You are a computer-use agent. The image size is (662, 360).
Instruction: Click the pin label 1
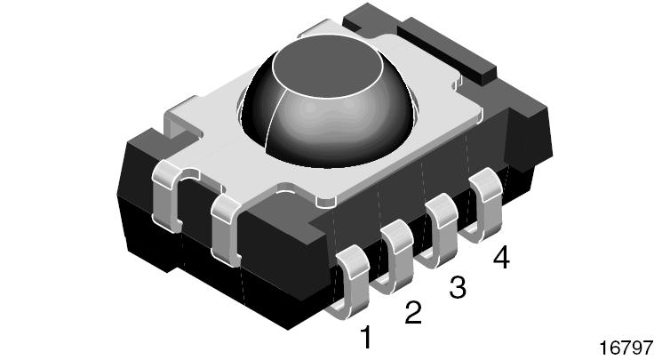363,337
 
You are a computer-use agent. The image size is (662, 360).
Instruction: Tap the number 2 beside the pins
412,312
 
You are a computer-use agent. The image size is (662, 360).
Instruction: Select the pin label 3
457,286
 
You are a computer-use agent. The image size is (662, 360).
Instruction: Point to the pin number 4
501,259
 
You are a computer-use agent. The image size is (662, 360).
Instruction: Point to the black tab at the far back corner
369,18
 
